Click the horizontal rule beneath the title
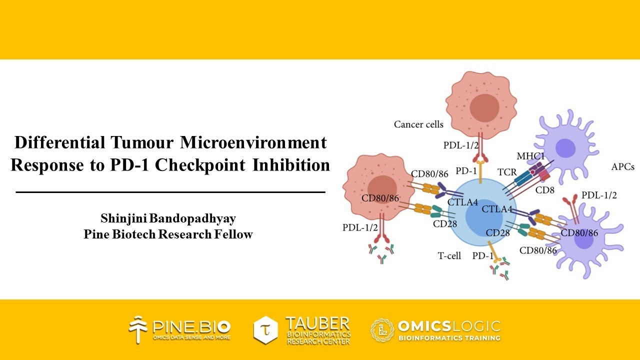coord(170,191)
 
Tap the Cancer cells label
coord(418,124)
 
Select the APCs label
coord(622,167)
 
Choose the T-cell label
coord(449,256)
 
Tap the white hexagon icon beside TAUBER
coord(265,330)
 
